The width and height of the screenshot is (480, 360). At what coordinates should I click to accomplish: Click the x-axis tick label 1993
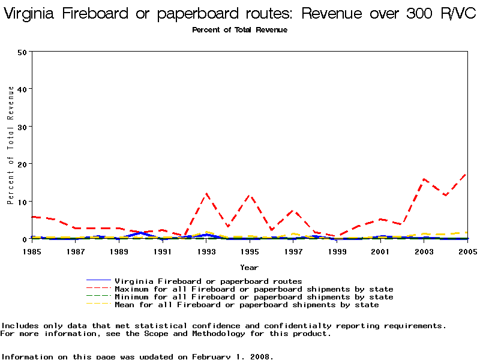coord(206,252)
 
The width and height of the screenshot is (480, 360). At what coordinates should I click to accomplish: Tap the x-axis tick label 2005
coord(467,252)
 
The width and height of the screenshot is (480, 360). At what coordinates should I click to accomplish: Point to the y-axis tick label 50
coord(22,52)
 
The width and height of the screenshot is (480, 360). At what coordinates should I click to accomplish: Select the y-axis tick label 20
coord(22,164)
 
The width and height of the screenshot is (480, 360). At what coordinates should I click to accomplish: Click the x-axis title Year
coord(249,267)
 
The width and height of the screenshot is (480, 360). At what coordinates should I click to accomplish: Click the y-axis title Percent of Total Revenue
coord(11,145)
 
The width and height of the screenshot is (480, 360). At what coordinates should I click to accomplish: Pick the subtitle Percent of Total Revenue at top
coord(239,30)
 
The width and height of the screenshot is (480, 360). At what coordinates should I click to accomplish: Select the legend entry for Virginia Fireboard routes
coord(208,281)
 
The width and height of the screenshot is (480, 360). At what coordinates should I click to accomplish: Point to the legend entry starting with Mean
coord(247,305)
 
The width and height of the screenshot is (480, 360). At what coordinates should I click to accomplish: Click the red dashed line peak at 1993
coord(206,194)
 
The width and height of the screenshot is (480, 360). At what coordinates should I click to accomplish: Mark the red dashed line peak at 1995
coord(250,196)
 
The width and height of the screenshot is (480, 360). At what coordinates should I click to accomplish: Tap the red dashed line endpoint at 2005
coord(467,173)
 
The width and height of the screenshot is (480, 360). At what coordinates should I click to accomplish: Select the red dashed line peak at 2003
coord(424,179)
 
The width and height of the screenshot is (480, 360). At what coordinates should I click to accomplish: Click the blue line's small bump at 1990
coord(141,233)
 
